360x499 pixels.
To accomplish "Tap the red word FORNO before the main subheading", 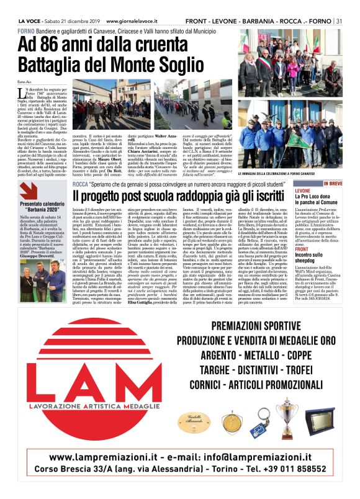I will pos(26,30).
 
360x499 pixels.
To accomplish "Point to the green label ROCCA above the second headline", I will pos(81,168).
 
